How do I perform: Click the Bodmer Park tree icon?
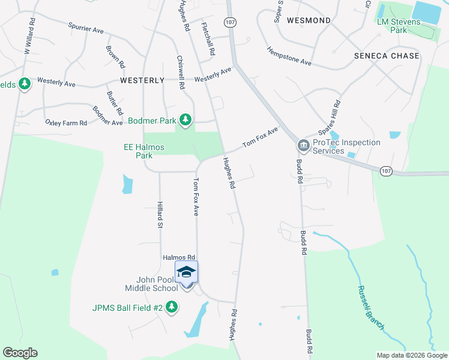(186, 120)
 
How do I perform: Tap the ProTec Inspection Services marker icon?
(303, 146)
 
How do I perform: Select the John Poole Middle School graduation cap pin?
(186, 272)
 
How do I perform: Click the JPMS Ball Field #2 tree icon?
(172, 308)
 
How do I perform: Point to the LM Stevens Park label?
(400, 26)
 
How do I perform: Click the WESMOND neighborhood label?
(309, 20)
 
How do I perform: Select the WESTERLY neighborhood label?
(142, 80)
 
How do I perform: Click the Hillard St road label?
(160, 215)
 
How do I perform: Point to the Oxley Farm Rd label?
(66, 122)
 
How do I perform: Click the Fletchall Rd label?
(208, 40)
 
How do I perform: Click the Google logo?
(20, 353)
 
